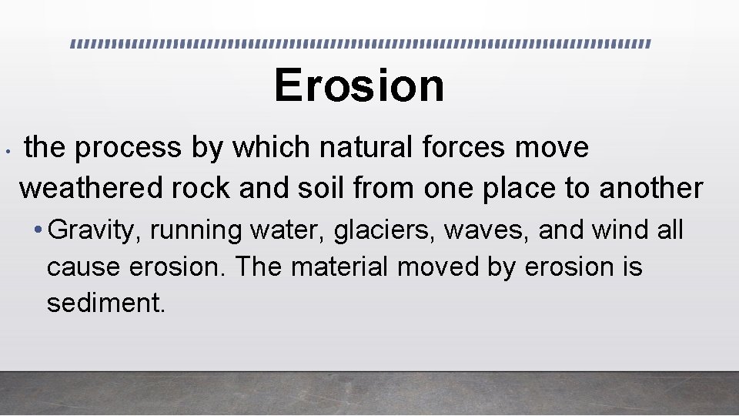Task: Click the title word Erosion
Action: pyautogui.click(x=359, y=85)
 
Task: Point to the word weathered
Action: pyautogui.click(x=90, y=187)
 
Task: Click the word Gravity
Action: pyautogui.click(x=98, y=230)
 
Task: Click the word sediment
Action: pyautogui.click(x=105, y=303)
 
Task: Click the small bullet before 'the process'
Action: pyautogui.click(x=6, y=151)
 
